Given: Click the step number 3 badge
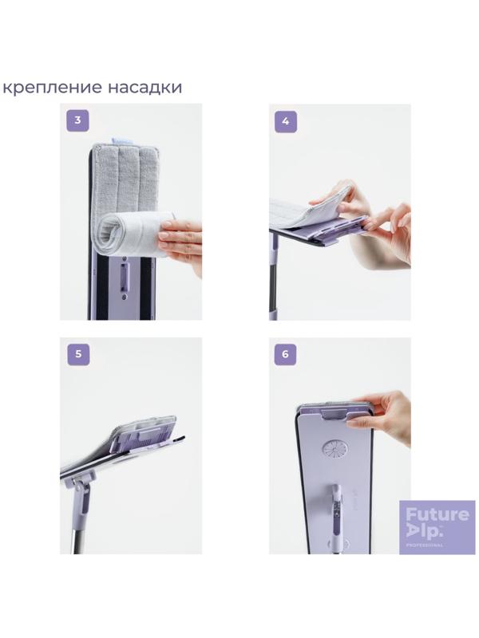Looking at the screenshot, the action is (x=77, y=120).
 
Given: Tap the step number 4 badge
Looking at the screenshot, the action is (x=286, y=121).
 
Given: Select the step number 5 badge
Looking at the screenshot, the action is (x=78, y=354).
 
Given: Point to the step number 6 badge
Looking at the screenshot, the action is (x=285, y=354).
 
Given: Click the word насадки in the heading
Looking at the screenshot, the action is (x=145, y=87).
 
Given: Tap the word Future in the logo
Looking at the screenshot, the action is (x=437, y=514).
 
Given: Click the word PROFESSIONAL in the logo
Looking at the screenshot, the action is (x=424, y=545).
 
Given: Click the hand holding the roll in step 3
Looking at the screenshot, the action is (x=181, y=242).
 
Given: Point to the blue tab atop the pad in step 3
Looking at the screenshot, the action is (x=121, y=141).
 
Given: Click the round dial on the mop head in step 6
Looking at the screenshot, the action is (x=335, y=448).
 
